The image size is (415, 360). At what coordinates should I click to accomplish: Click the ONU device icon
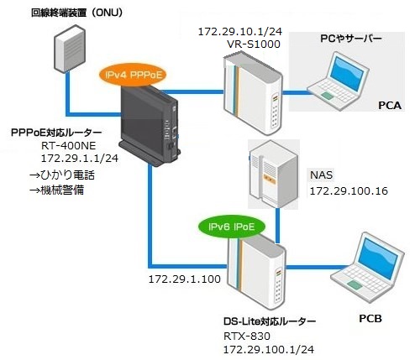coord(70,49)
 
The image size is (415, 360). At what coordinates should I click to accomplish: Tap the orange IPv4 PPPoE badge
coord(134,75)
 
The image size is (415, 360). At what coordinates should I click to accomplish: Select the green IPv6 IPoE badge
coord(231,227)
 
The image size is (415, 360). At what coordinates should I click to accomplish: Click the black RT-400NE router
coord(150,126)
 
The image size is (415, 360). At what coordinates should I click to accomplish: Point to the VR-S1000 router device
coord(253,94)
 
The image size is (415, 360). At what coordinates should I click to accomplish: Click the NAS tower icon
coord(273,175)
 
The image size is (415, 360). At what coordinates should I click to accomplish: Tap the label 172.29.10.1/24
coord(240,32)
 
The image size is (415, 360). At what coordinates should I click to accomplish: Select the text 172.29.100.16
coord(349,191)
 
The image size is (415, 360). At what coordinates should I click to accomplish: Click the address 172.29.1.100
coord(185,279)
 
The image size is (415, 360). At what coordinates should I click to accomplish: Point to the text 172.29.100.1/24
coord(269,349)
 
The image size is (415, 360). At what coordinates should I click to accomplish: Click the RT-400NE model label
coord(69,146)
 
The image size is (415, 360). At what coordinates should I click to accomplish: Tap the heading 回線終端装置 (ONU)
coord(77,13)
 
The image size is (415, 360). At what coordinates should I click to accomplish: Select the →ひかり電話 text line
coord(62,175)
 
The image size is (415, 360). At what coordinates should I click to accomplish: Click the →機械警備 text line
coord(57,190)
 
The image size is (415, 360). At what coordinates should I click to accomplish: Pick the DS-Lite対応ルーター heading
coord(270,321)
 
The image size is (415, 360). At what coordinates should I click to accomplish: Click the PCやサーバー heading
coord(351,39)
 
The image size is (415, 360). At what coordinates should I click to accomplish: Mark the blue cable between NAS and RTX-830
coord(277,226)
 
